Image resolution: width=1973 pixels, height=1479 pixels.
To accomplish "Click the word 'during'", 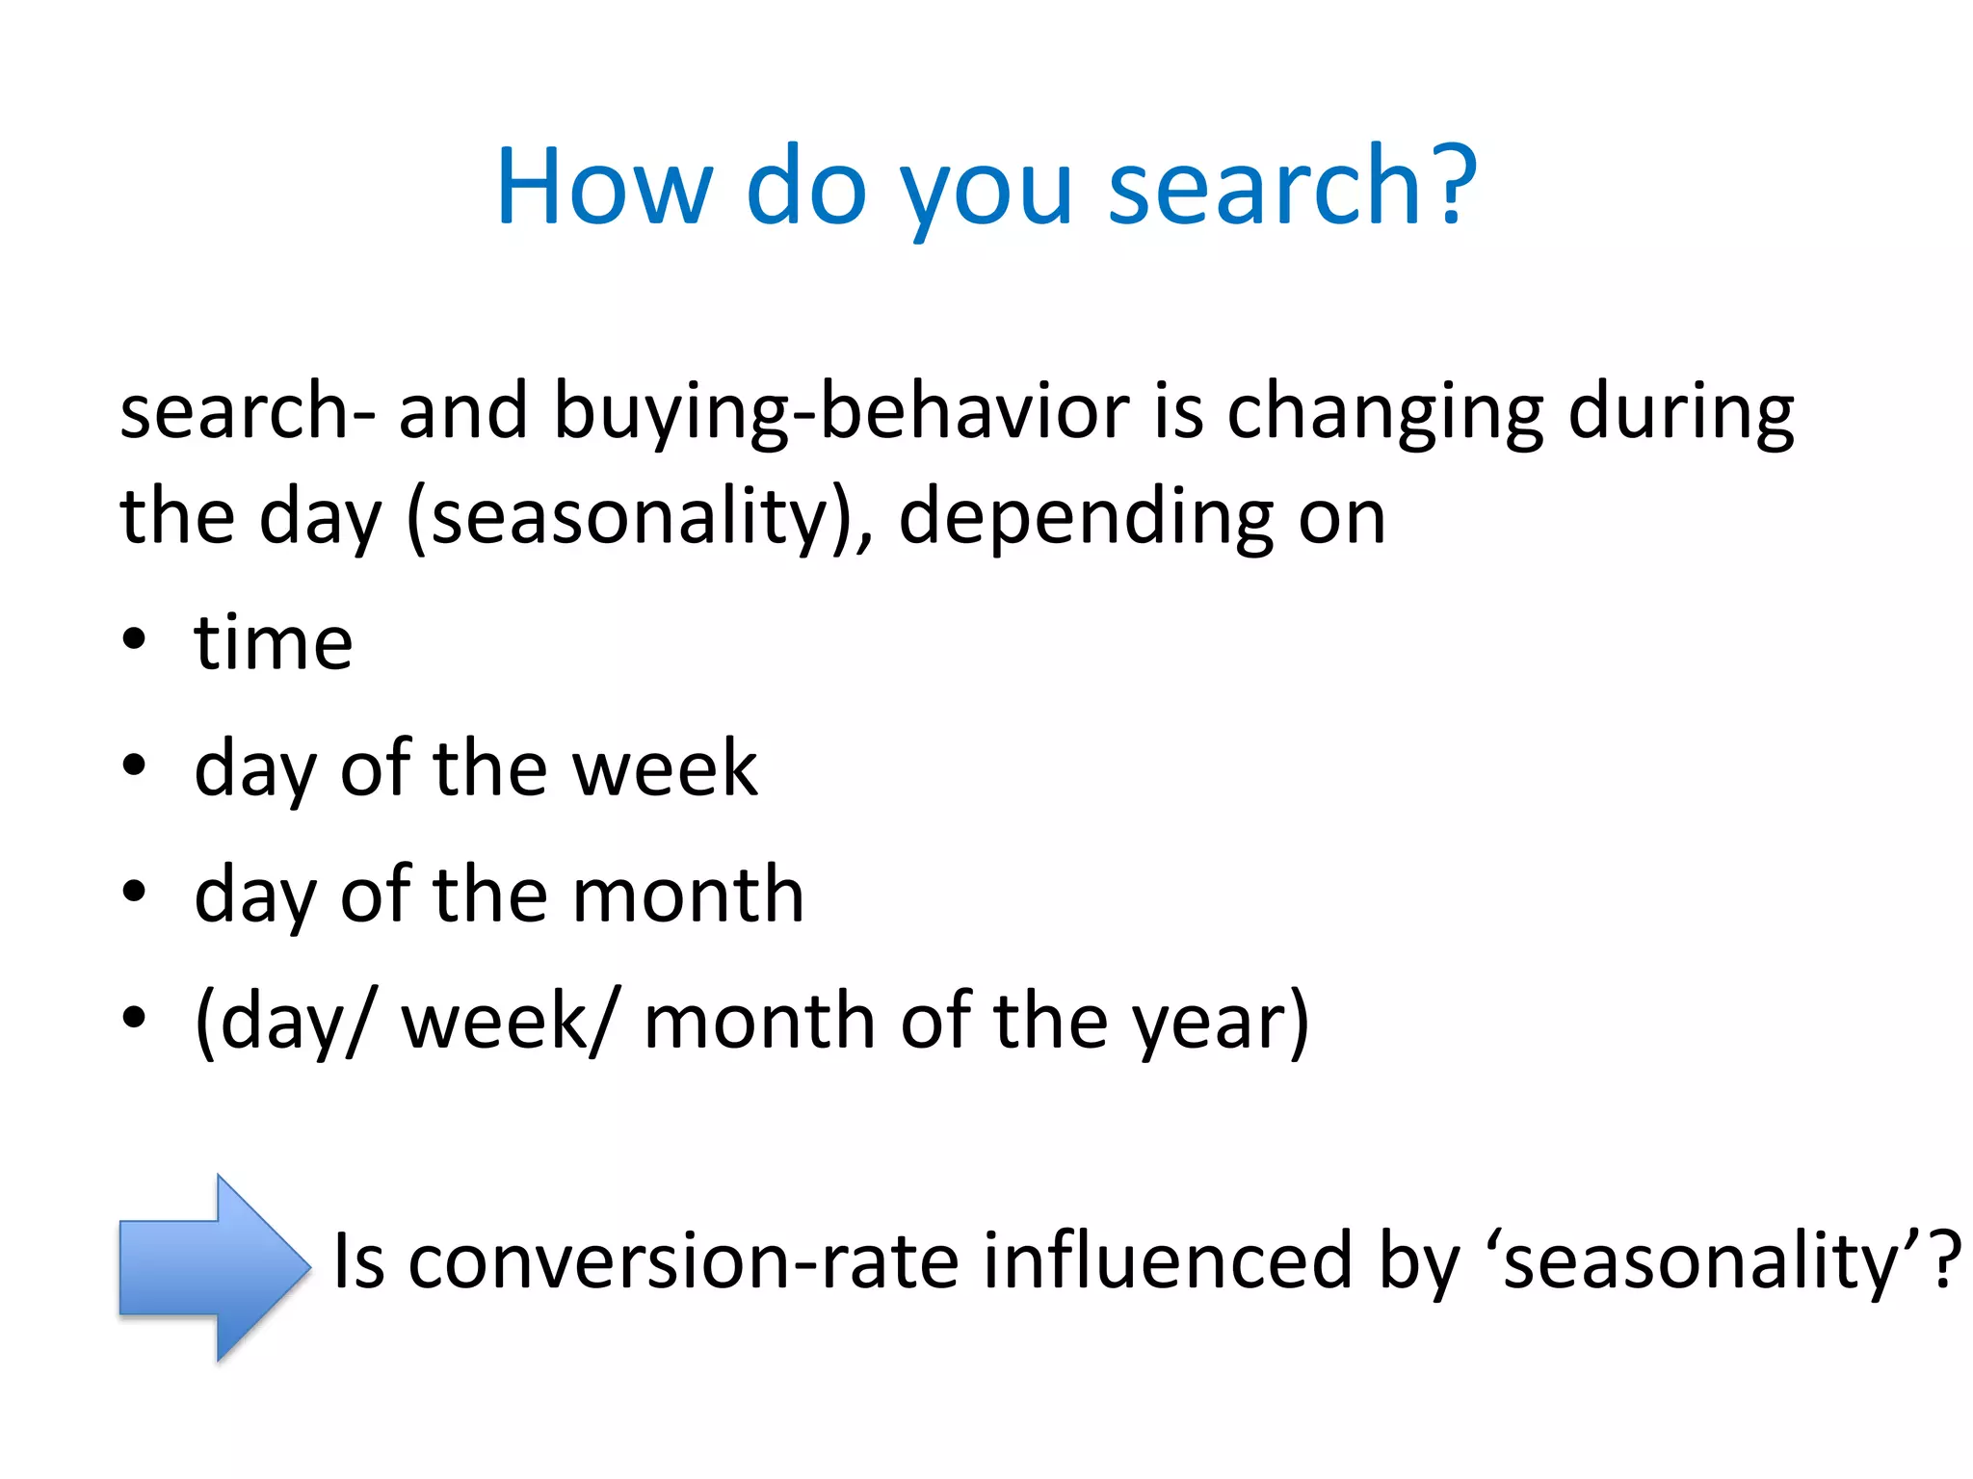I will pos(1681,412).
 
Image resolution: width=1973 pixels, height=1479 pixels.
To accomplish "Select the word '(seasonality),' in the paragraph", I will pos(641,518).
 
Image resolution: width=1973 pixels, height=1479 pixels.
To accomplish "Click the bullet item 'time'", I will pos(273,643).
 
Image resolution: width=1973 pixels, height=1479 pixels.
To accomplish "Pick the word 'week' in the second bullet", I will pos(665,768).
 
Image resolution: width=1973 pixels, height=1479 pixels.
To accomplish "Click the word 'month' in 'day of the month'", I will pos(688,895).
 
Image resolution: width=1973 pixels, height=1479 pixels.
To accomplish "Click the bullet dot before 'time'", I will pos(134,639).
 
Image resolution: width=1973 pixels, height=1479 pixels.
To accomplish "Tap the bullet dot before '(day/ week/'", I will pos(134,1017).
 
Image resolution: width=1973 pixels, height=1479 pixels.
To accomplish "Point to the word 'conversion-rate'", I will pos(683,1261).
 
